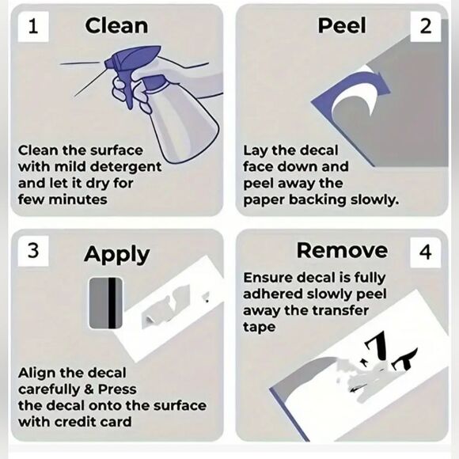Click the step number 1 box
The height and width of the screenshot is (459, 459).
(33, 26)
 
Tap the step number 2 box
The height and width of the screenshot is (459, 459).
(425, 26)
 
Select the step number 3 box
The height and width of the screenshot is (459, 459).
(33, 251)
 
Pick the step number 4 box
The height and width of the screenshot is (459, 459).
(425, 252)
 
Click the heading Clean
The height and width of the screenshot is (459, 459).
(116, 26)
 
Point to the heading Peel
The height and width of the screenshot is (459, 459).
(342, 26)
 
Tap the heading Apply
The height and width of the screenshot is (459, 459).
(117, 254)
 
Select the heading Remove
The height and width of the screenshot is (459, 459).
(342, 251)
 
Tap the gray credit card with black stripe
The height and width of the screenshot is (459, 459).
(106, 303)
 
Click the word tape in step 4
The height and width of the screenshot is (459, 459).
(260, 327)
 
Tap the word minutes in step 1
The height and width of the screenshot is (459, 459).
(78, 200)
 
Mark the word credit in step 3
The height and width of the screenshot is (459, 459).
(73, 422)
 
